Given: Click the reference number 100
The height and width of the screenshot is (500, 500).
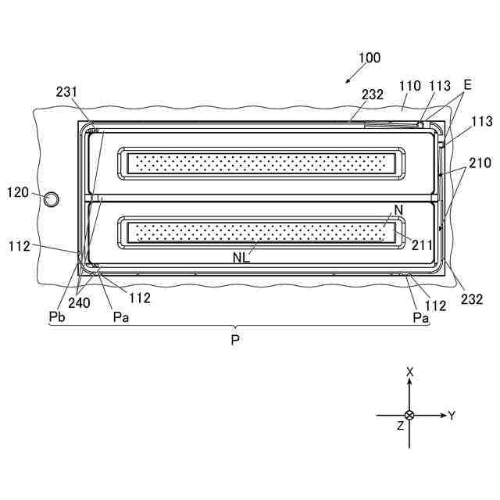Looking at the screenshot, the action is coord(370,58).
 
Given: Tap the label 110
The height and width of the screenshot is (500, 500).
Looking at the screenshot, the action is coord(409,87).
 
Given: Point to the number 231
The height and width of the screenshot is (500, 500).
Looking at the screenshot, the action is coord(66,91).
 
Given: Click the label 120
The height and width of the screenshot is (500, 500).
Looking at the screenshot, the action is coord(19,191).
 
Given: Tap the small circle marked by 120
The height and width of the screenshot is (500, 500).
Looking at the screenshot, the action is coord(50,198).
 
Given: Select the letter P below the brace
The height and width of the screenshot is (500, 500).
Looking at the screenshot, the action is coord(235,342).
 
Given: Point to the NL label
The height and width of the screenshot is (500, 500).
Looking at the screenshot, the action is coord(241,257).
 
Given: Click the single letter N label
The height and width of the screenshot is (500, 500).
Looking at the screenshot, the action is coord(398,210).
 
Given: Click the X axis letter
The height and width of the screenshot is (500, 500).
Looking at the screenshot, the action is coord(409,373).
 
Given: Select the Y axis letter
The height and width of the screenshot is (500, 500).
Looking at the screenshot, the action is coord(452,415).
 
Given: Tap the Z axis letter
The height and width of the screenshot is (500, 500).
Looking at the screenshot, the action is coord(400,426).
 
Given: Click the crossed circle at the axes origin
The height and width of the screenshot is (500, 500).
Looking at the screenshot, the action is coord(409,415).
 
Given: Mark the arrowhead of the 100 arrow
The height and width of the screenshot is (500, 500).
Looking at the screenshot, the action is coord(347,80).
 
